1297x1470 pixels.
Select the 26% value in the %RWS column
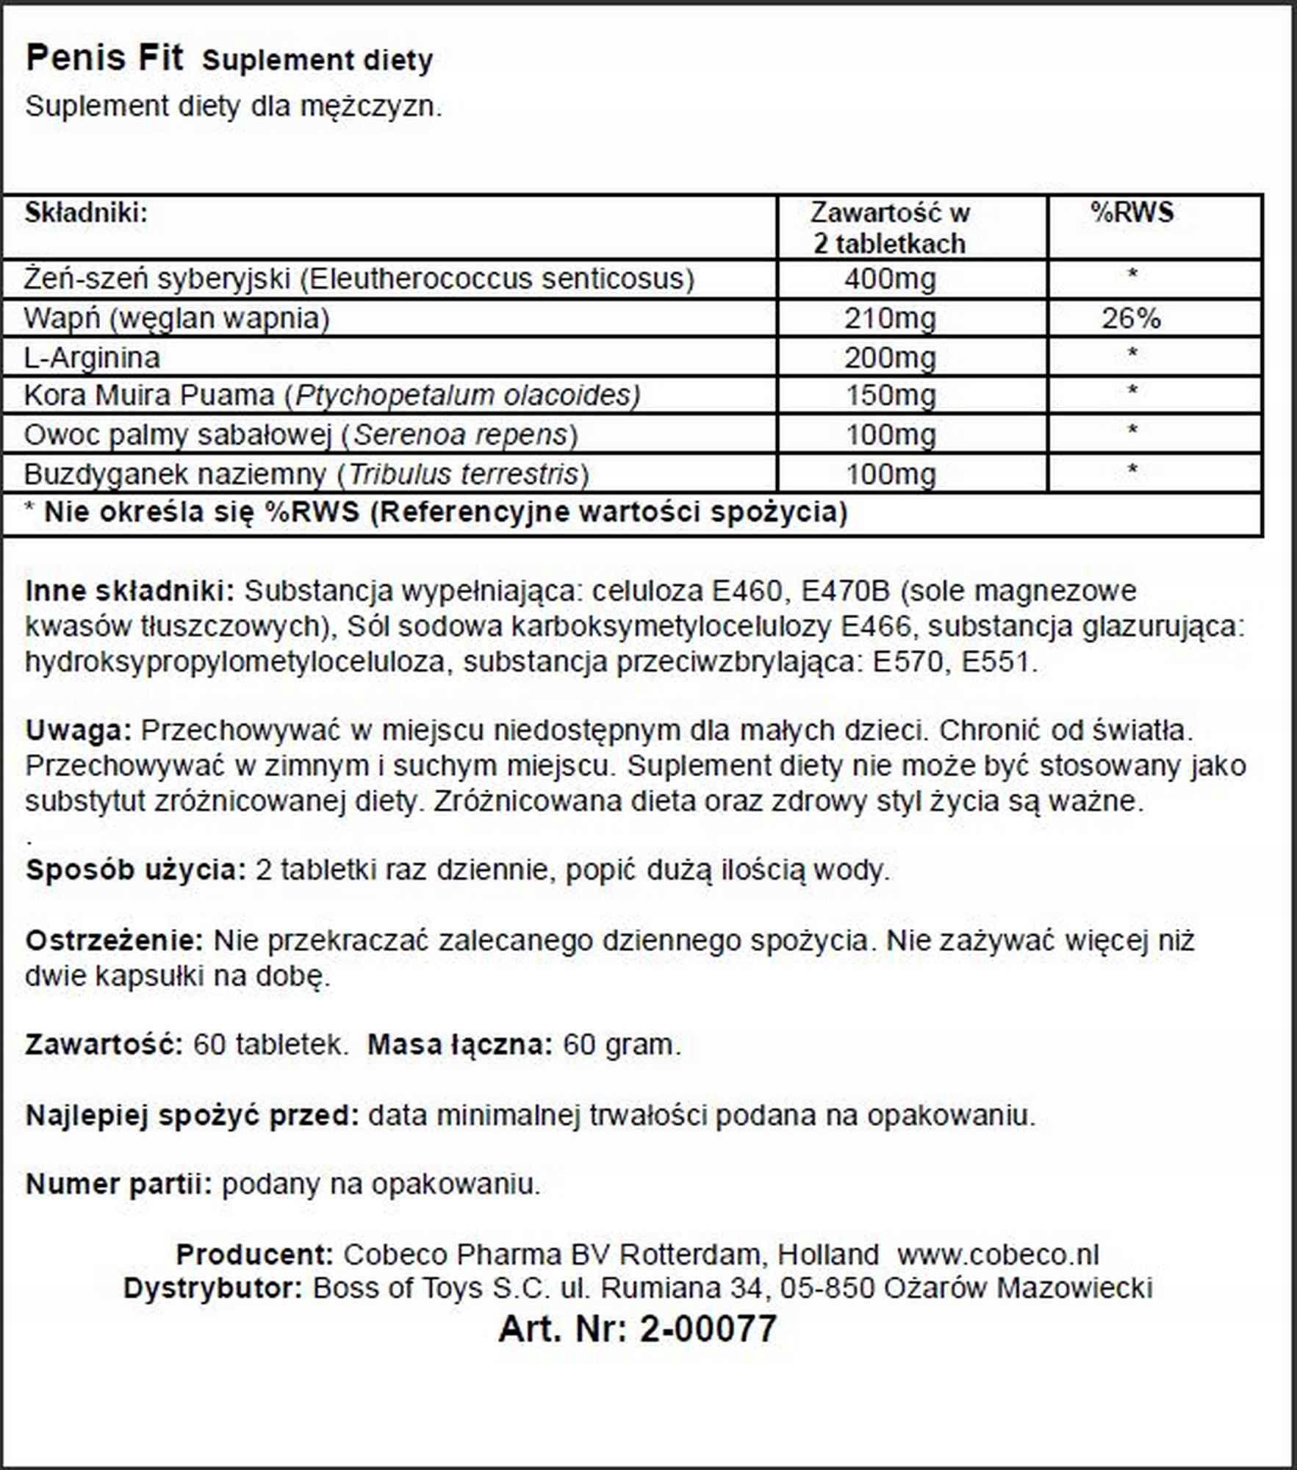pyautogui.click(x=1131, y=318)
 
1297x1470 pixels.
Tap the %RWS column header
pyautogui.click(x=1132, y=213)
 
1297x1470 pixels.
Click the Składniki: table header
pyautogui.click(x=86, y=213)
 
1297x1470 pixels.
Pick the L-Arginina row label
pyautogui.click(x=92, y=358)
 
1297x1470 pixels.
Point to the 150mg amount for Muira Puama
pyautogui.click(x=891, y=395)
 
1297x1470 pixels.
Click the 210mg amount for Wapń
pyautogui.click(x=890, y=318)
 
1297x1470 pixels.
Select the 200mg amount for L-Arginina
pyautogui.click(x=890, y=358)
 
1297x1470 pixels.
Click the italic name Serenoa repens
pyautogui.click(x=461, y=435)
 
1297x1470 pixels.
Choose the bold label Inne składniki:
pyautogui.click(x=129, y=591)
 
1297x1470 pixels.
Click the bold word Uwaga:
pyautogui.click(x=78, y=731)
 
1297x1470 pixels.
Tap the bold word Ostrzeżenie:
pyautogui.click(x=115, y=940)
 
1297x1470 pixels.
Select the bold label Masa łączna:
pyautogui.click(x=459, y=1044)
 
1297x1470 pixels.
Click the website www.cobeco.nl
pyautogui.click(x=997, y=1255)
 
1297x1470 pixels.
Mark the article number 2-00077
pyautogui.click(x=708, y=1329)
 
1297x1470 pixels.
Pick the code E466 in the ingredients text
pyautogui.click(x=876, y=626)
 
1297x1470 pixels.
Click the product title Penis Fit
pyautogui.click(x=104, y=59)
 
